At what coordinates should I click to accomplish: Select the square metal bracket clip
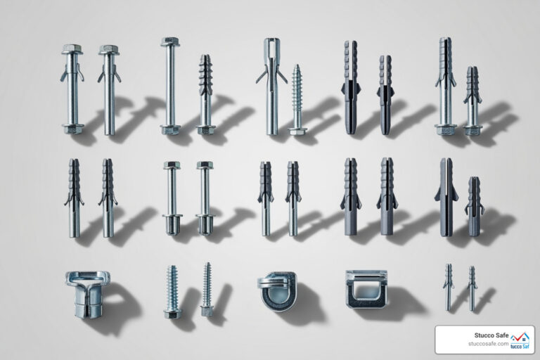(x=366, y=288)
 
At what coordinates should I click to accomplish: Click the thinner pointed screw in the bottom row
(x=207, y=288)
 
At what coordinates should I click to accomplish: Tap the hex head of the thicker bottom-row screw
(x=172, y=312)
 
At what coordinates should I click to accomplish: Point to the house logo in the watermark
(x=521, y=339)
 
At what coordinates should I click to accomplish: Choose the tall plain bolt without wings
(x=170, y=84)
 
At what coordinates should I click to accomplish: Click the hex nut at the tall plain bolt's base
(x=170, y=129)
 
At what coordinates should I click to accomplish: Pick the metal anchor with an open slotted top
(x=271, y=84)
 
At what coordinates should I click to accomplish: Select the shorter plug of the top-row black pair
(x=385, y=94)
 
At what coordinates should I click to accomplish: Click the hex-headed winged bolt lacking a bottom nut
(x=109, y=88)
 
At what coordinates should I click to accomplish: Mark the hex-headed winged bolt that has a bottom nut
(x=72, y=88)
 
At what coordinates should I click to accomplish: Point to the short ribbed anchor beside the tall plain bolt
(x=205, y=94)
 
